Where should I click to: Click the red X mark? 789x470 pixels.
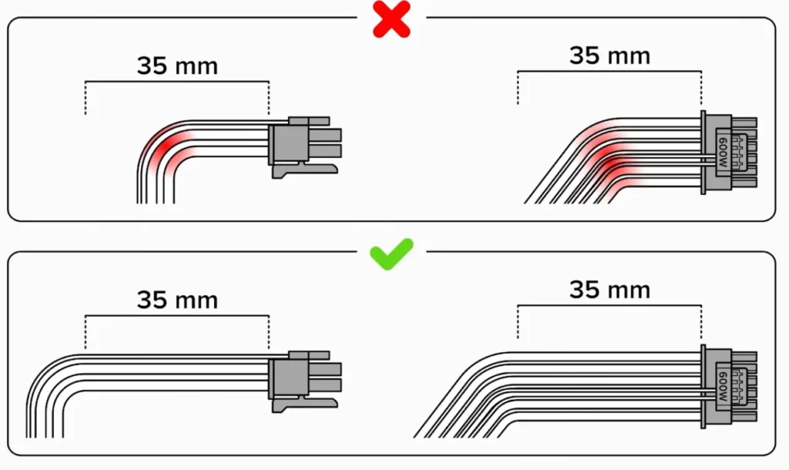[391, 20]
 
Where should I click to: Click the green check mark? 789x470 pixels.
[391, 253]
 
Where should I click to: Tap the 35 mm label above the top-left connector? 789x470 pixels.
[177, 66]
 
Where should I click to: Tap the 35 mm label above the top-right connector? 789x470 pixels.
[609, 55]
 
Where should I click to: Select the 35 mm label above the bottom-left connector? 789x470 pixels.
[177, 300]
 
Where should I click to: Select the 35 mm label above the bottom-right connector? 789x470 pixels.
[609, 290]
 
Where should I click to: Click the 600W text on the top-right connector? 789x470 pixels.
[723, 151]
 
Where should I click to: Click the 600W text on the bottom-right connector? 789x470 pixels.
[723, 386]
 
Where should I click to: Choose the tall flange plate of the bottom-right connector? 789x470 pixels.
[704, 387]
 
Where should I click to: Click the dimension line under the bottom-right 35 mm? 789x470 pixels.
[609, 306]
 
